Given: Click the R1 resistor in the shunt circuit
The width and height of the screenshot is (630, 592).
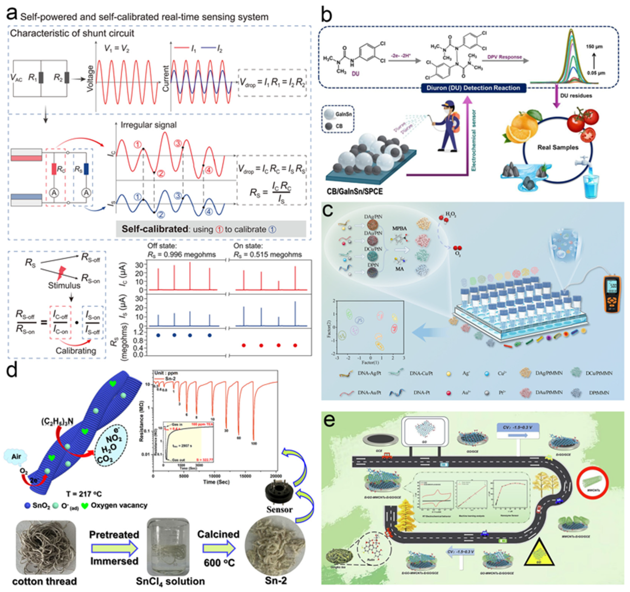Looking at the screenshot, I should [41, 77].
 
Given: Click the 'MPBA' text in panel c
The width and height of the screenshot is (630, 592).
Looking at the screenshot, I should [399, 228].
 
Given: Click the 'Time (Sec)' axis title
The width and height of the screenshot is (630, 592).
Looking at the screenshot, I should [216, 482].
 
